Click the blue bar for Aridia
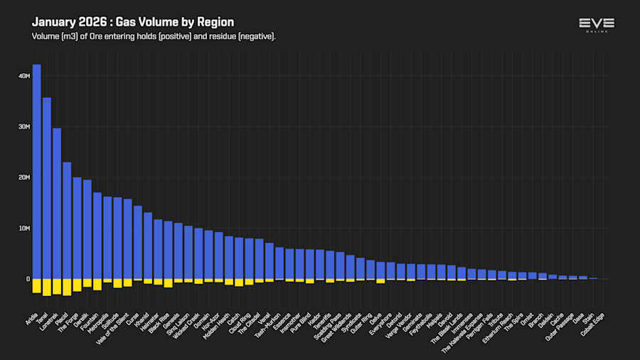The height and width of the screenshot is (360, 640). tap(36, 171)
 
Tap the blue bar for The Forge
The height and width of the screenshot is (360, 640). tap(77, 228)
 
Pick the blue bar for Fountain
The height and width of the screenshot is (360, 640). tap(97, 235)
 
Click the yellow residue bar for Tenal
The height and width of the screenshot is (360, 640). tap(47, 286)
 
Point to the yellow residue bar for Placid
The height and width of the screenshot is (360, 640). tap(67, 286)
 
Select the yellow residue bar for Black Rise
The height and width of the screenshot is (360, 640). tap(168, 282)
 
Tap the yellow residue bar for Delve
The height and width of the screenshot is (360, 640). tap(380, 280)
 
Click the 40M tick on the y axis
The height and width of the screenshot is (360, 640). tap(23, 76)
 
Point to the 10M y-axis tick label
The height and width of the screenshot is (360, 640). tap(23, 228)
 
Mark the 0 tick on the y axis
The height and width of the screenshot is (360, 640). tap(28, 279)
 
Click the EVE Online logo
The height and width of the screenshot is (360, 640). tap(596, 25)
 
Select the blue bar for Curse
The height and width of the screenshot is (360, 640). tap(138, 242)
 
